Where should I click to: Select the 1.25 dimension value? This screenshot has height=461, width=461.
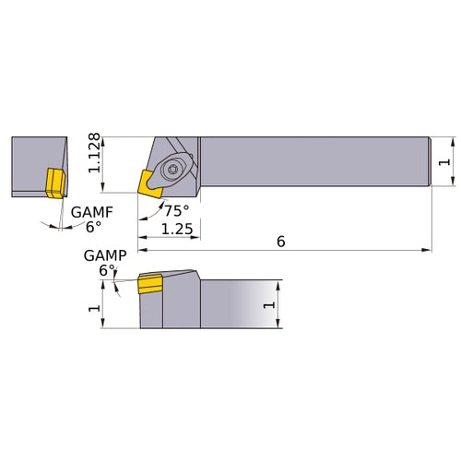tap(175, 228)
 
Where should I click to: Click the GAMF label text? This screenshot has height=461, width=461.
tap(95, 212)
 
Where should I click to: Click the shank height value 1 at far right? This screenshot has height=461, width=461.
tap(446, 162)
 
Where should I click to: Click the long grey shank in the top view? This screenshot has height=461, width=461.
tap(313, 163)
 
